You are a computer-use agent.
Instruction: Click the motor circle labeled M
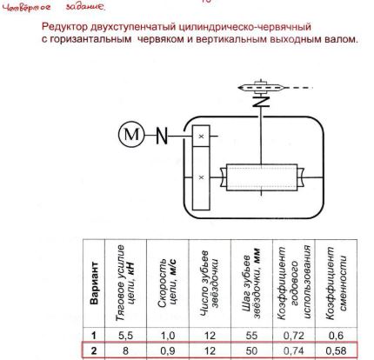point(131,135)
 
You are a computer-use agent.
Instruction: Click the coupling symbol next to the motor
point(162,136)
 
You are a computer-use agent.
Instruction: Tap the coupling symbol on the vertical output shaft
point(261,101)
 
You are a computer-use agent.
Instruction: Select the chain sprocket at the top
point(261,87)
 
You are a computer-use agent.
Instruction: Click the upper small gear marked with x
point(201,136)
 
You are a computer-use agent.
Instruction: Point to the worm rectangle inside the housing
point(262,177)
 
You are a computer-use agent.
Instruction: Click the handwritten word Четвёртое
point(26,8)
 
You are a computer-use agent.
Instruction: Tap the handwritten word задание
point(85,7)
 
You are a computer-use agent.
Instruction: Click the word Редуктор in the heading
point(64,27)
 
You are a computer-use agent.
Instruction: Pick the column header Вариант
point(94,283)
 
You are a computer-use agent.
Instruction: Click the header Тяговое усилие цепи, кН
point(125,283)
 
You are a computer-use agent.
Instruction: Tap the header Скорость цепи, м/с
point(167,283)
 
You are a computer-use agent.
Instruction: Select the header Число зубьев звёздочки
point(210,283)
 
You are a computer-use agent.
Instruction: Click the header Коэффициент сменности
point(337,283)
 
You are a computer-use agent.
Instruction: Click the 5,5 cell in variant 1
point(125,336)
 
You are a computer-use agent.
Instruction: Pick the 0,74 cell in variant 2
point(294,351)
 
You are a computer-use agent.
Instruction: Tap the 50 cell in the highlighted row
point(251,351)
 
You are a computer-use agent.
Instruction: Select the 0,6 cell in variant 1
point(336,336)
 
